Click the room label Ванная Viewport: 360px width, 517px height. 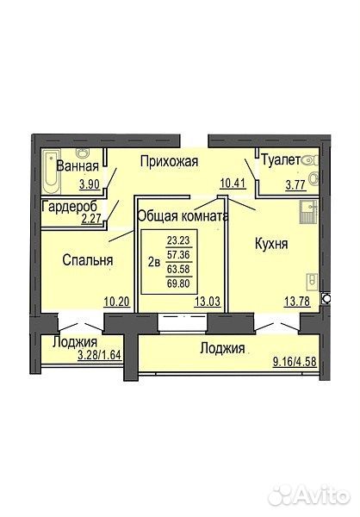pos(78,165)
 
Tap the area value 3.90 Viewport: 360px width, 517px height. pos(90,184)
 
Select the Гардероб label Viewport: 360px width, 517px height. pos(70,207)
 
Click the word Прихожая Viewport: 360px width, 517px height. pos(169,162)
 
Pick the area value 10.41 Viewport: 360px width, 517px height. pos(233,183)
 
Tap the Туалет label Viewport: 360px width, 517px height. pos(281,160)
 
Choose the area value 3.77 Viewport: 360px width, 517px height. pos(296,185)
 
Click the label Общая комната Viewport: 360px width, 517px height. pos(183,216)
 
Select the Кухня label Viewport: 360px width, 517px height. pos(271,244)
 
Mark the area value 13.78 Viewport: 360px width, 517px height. pos(297,302)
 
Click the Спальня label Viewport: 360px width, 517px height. pos(88,260)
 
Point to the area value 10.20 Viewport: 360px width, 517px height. pos(117,302)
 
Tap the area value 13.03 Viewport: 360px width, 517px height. pos(208,302)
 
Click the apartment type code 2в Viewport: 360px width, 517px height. pos(154,263)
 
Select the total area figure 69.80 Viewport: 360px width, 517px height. pos(178,283)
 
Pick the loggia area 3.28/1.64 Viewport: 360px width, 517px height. pos(100,355)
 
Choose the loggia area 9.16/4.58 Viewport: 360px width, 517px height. pos(295,361)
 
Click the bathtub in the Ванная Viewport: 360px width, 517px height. pos(52,171)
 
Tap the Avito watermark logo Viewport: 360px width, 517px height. pos(309,495)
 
